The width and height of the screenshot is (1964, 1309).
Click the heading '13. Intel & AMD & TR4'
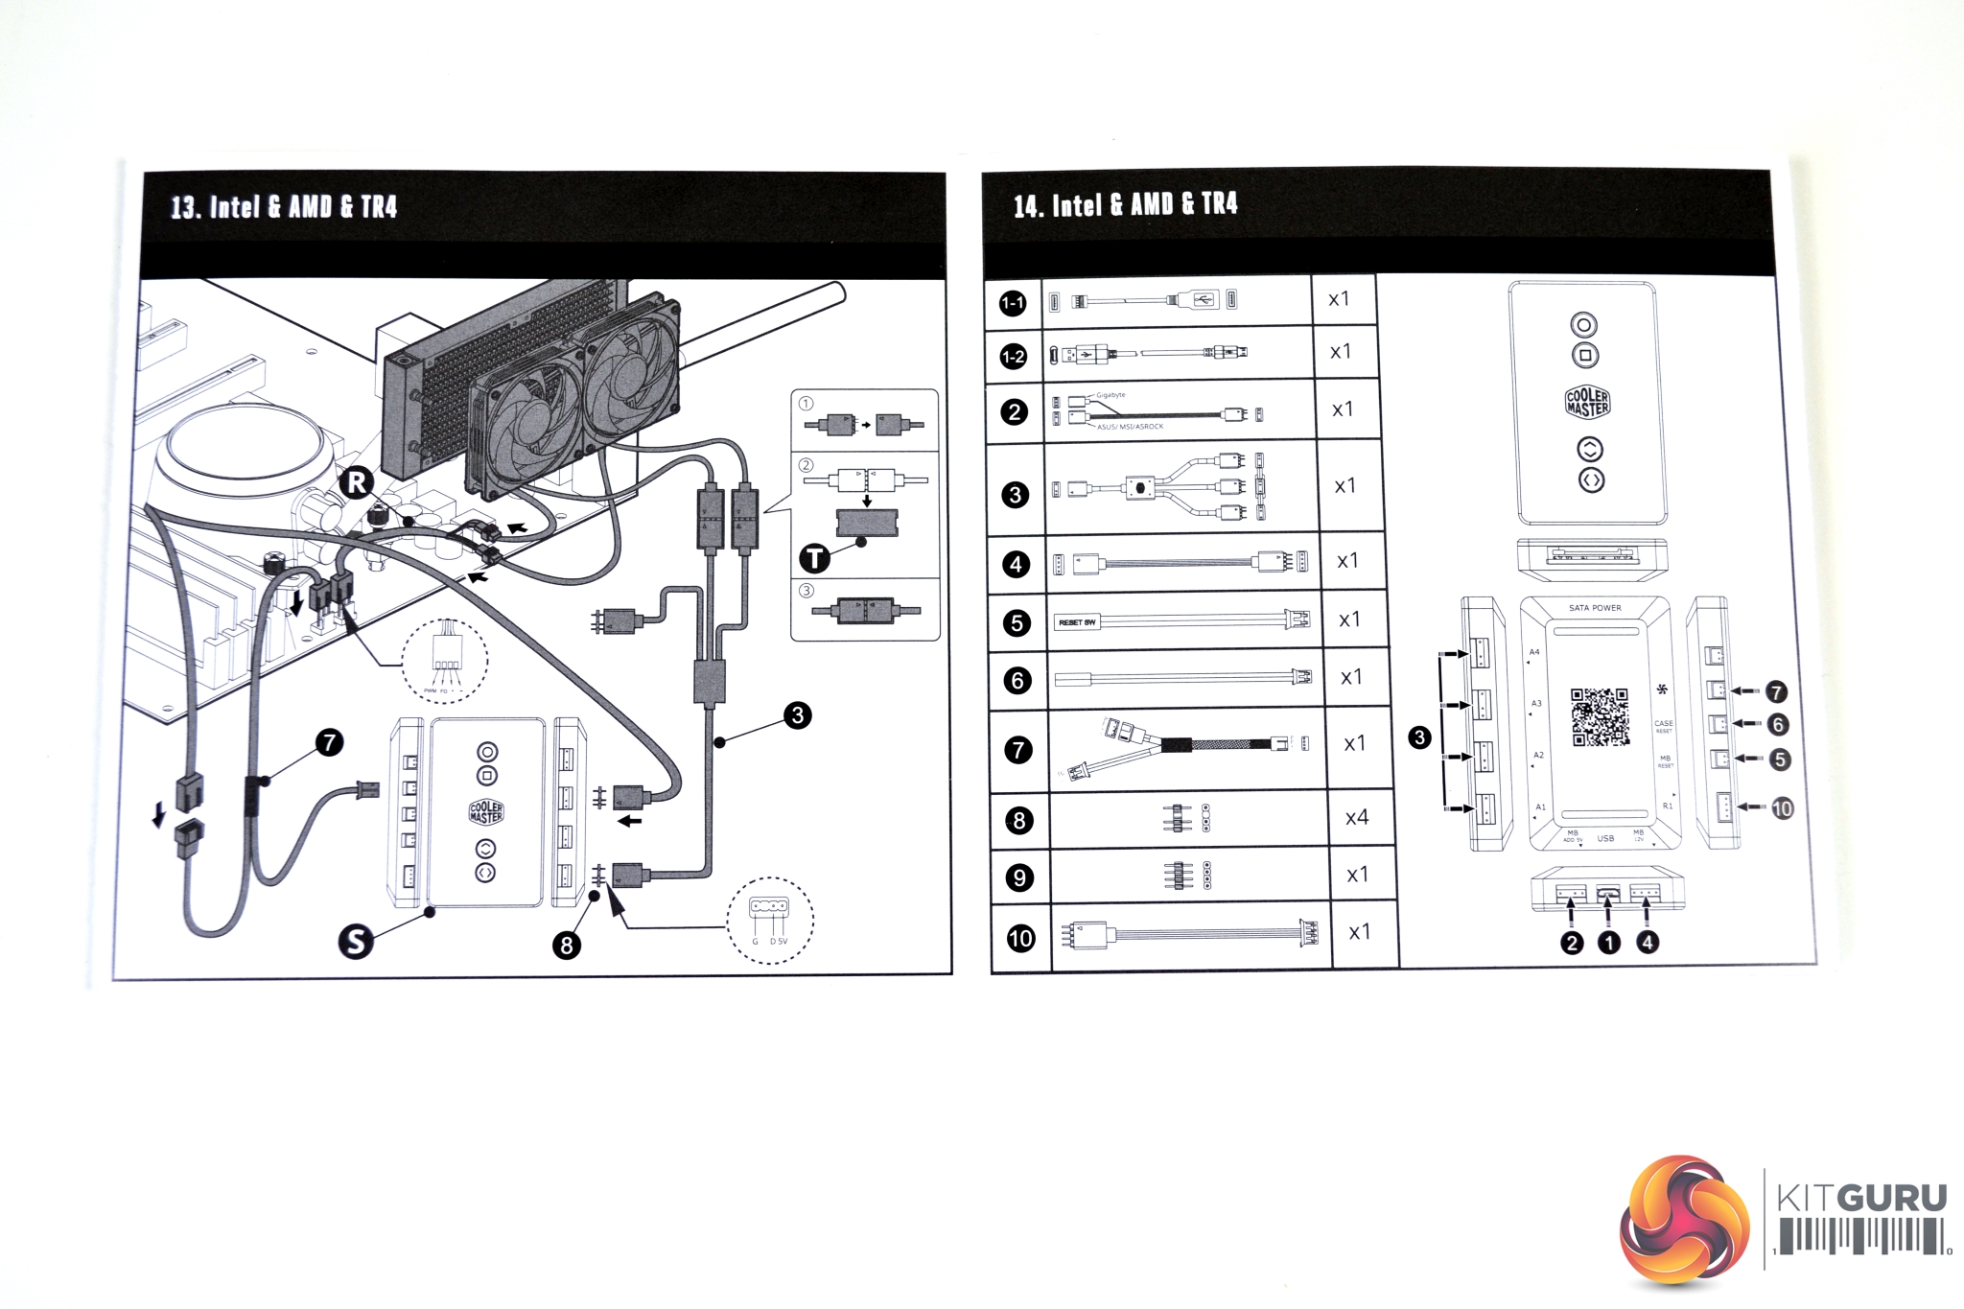click(284, 207)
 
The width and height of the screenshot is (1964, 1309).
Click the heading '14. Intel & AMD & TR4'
click(1125, 204)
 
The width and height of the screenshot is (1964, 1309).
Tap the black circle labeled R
click(357, 481)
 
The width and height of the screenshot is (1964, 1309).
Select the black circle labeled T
click(814, 558)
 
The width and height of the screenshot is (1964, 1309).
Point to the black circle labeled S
click(356, 941)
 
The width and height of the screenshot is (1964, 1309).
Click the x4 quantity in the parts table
click(1356, 818)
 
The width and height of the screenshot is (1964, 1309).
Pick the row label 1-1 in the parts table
click(1013, 304)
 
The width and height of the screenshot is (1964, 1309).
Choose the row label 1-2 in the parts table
click(1014, 357)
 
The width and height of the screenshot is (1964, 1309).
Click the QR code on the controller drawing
click(1599, 716)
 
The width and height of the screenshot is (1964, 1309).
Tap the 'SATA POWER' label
click(1595, 608)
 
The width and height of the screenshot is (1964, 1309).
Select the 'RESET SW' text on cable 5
click(1077, 622)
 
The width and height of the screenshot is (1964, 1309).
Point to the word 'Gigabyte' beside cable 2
click(1111, 395)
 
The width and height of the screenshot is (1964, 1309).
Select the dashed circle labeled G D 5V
click(769, 921)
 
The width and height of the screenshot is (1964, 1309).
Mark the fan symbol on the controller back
click(1662, 689)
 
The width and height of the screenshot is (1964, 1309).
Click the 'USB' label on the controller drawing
click(1605, 838)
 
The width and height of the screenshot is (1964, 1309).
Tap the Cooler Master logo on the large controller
click(1587, 402)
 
